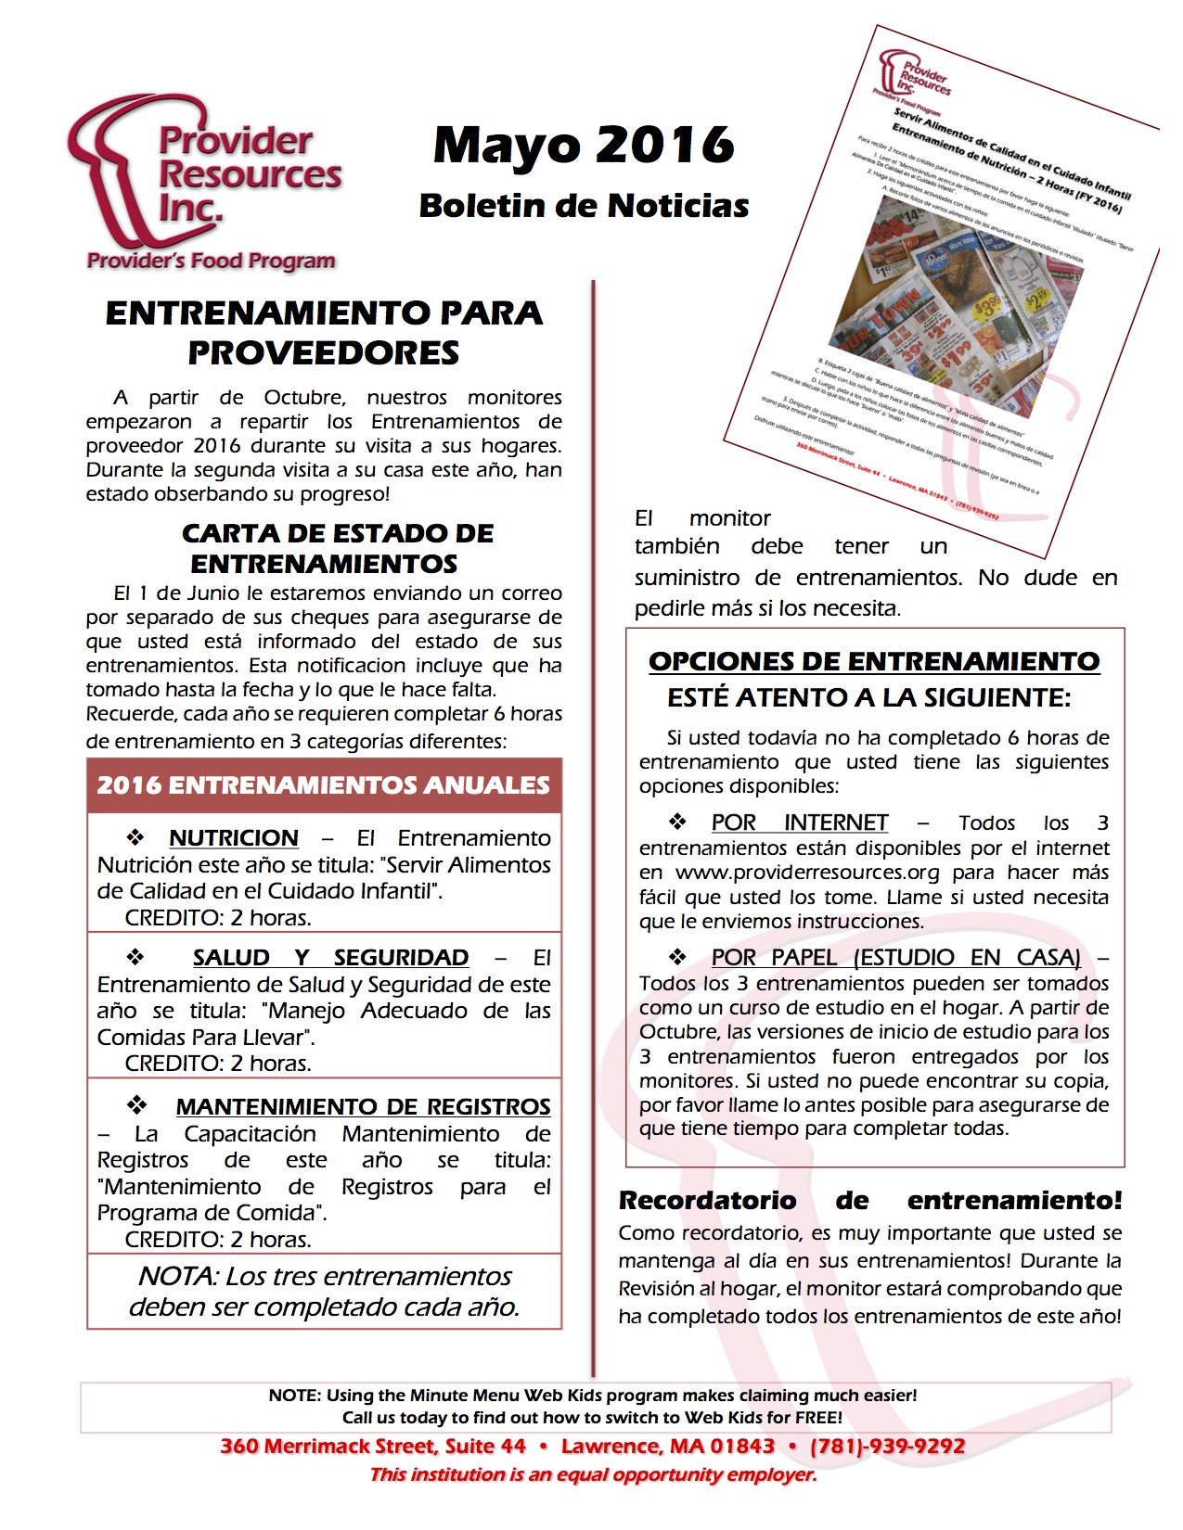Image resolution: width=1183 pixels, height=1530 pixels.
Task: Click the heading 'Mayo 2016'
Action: coord(584,146)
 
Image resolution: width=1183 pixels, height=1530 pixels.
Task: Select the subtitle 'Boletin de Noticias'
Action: coord(584,206)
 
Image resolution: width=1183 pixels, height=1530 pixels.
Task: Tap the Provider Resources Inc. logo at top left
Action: coord(205,182)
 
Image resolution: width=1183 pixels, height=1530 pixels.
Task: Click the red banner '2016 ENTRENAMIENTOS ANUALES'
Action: coord(324,785)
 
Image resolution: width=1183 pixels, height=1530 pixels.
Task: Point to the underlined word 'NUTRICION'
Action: coord(234,838)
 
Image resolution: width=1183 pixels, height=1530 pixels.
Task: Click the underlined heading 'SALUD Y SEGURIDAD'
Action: coord(330,958)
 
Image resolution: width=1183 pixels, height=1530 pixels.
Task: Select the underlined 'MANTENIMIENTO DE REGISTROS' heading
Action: coord(363,1107)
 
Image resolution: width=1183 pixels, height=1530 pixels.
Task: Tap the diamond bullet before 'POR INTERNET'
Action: coord(677,822)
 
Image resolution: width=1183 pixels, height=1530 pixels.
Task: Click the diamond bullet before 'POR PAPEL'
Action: coord(677,956)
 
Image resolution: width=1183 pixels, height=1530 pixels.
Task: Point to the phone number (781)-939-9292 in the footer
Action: coord(887,1447)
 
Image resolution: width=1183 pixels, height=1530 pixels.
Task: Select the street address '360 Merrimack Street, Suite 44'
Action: coord(373,1447)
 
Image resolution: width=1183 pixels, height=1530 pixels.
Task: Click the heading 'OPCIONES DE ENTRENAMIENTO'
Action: coord(874,662)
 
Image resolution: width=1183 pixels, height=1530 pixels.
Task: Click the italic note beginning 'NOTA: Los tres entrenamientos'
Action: coord(324,1292)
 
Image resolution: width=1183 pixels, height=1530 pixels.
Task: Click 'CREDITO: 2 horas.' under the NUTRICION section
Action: coord(218,918)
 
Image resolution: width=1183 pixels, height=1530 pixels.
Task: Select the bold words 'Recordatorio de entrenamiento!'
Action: coord(870,1201)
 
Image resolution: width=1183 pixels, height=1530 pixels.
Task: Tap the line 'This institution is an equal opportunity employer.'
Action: coord(593,1475)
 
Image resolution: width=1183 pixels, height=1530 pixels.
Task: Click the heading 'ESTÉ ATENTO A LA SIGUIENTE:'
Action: coord(869,698)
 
